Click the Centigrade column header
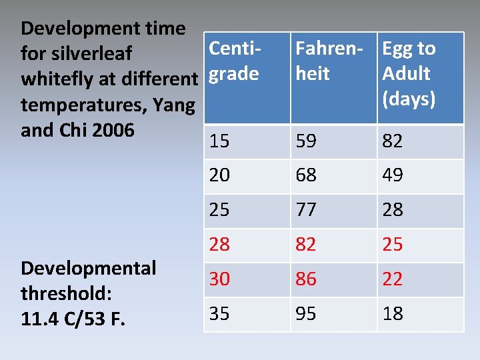click(x=234, y=61)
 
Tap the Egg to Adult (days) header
click(x=409, y=73)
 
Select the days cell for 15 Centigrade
click(x=393, y=141)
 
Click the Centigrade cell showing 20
click(x=219, y=175)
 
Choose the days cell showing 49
click(x=393, y=175)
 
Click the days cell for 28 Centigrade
click(x=393, y=245)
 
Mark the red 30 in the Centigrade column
click(x=219, y=279)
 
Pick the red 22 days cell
click(x=393, y=279)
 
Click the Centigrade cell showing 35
click(x=219, y=314)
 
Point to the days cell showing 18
click(x=393, y=314)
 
